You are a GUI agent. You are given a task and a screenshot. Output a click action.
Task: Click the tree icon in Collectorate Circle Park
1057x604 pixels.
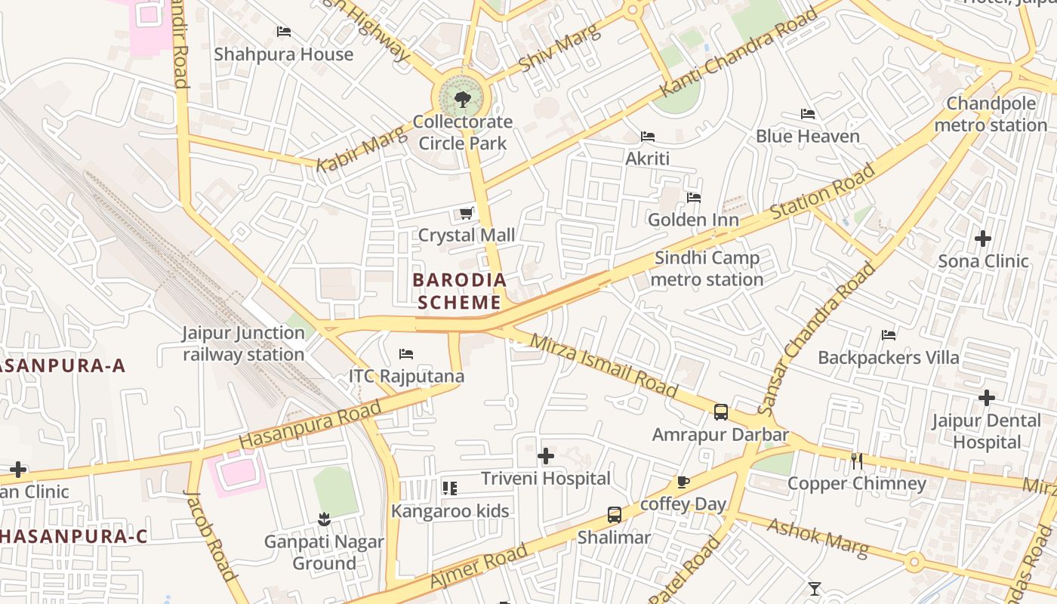click(x=461, y=98)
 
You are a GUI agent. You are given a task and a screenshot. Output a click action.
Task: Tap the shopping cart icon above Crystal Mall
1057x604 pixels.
click(x=466, y=214)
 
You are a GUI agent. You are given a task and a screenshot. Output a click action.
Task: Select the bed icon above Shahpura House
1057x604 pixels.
click(x=284, y=32)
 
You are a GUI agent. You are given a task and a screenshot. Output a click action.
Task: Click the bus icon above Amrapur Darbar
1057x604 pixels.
click(x=721, y=412)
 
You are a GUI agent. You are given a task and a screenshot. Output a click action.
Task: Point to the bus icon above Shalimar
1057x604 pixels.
click(x=615, y=515)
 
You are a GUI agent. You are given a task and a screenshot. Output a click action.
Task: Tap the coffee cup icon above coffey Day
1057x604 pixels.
click(x=683, y=482)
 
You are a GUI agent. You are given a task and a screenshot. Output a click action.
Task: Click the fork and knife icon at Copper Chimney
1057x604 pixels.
click(x=856, y=461)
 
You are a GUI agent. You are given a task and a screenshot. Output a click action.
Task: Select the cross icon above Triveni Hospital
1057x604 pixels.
click(x=546, y=456)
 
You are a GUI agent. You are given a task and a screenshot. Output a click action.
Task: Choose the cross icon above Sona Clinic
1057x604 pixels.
click(x=983, y=239)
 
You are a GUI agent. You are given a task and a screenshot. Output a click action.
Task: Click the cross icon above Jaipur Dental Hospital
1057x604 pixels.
click(x=986, y=398)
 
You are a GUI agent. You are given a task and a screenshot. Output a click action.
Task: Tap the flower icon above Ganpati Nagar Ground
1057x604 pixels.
click(x=324, y=519)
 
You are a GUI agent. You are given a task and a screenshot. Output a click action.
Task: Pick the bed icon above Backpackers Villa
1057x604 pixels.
click(x=889, y=334)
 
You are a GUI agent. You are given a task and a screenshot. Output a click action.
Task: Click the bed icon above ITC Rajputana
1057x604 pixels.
click(x=406, y=353)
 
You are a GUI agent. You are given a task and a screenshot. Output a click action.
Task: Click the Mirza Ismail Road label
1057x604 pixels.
click(x=603, y=365)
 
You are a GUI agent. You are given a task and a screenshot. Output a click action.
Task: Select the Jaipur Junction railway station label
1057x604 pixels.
click(x=243, y=344)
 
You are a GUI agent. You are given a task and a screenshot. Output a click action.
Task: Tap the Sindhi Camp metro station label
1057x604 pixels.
click(x=707, y=269)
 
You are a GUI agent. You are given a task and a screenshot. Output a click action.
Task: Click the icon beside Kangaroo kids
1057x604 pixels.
click(x=450, y=488)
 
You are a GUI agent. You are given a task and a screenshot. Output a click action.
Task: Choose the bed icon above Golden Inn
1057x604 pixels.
click(x=694, y=198)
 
